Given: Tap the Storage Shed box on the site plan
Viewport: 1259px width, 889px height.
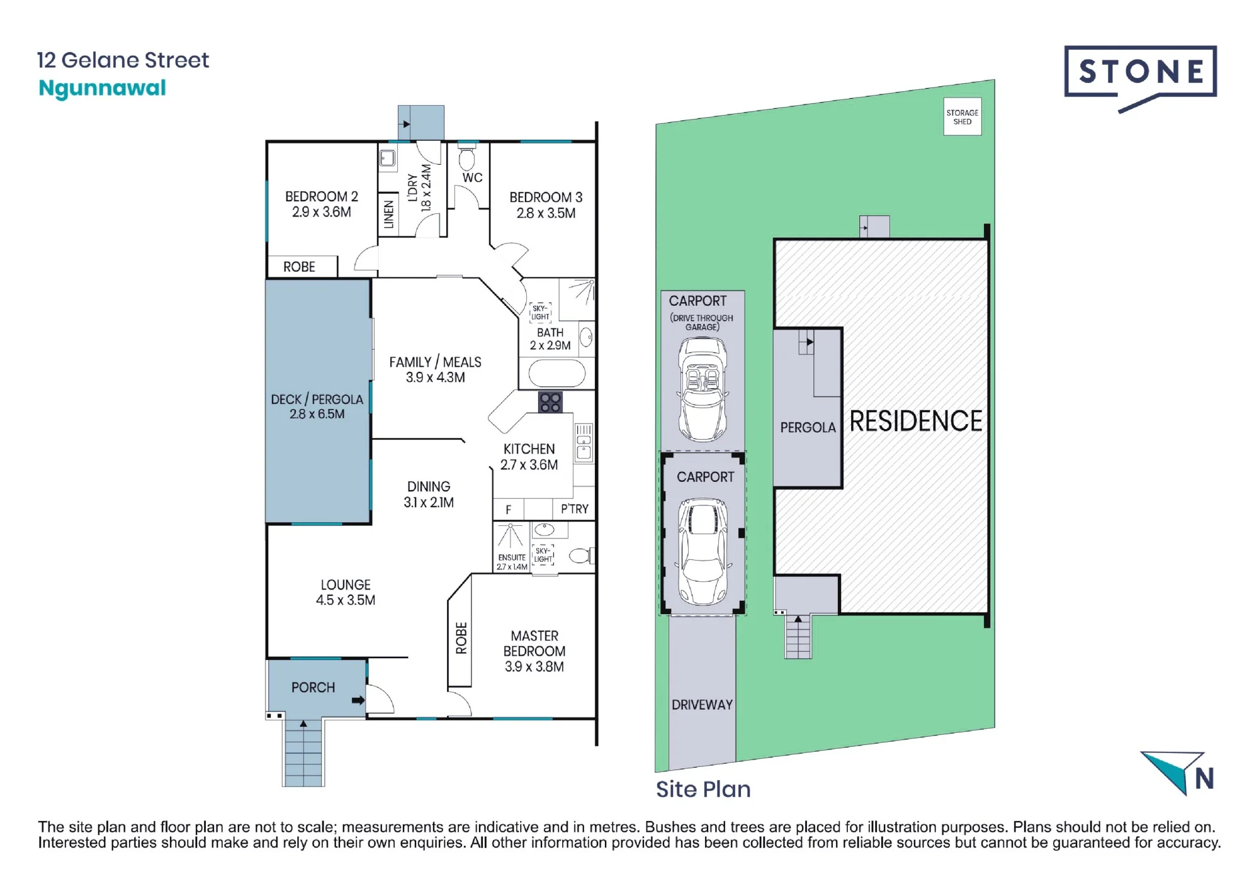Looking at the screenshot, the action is (963, 116).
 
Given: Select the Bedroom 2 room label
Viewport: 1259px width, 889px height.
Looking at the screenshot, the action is (321, 204).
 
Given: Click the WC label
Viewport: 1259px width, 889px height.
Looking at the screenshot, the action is (472, 178).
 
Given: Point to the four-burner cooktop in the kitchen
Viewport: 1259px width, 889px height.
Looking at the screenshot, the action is (550, 403).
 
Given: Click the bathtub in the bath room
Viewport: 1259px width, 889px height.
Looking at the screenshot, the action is (557, 374).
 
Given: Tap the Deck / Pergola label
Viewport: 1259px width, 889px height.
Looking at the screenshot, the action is (317, 406).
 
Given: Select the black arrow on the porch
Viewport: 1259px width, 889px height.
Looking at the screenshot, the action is (358, 700).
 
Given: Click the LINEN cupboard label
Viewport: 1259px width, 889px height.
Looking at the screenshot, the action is (389, 215).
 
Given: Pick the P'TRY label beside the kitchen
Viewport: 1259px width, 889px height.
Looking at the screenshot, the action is (575, 509).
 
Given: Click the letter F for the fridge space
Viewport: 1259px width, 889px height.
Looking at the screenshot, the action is (509, 510).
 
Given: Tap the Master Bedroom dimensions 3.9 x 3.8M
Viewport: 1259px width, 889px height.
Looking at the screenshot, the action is (534, 667).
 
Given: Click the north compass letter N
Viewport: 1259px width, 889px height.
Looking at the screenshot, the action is (1204, 779).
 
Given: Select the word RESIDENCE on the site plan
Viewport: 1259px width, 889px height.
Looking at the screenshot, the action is (916, 422).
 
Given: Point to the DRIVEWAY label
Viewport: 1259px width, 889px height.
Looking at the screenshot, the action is (702, 705).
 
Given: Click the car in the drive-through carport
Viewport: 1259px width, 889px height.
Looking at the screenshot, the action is (703, 389).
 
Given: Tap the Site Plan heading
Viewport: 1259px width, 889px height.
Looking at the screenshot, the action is (703, 790).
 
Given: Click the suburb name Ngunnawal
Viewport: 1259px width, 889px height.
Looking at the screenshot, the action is (102, 89).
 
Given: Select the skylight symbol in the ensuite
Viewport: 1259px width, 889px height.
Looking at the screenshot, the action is (543, 555).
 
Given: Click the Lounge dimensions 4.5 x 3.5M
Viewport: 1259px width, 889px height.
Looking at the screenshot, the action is (346, 601).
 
